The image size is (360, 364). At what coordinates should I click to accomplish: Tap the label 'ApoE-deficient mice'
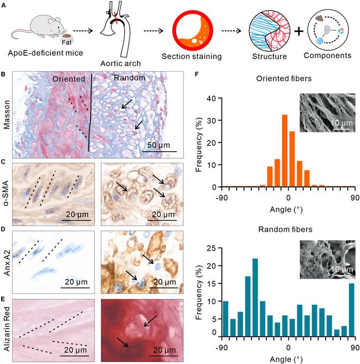click(38, 57)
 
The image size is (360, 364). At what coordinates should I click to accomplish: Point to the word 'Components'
click(329, 56)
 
